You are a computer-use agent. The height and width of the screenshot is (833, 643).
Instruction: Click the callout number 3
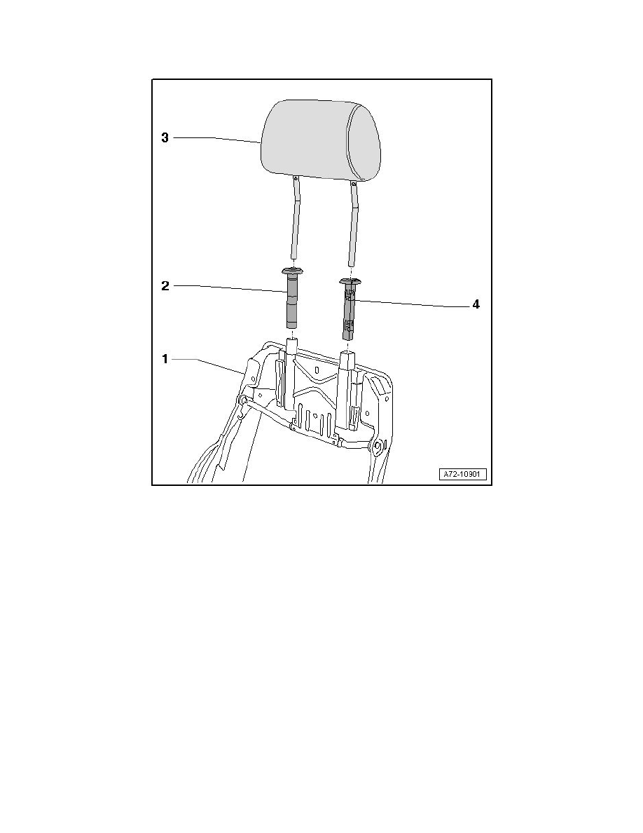165,138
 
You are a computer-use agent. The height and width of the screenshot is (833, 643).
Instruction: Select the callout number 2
165,286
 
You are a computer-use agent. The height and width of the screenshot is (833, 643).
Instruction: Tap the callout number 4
476,306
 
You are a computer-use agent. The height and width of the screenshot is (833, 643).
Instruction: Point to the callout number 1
165,360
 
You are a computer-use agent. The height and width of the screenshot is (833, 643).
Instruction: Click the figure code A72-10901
463,475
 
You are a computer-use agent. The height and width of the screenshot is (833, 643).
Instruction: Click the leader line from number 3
217,139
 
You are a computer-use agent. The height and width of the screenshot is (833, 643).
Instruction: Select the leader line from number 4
413,304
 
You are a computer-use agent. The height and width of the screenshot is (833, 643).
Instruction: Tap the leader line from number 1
210,362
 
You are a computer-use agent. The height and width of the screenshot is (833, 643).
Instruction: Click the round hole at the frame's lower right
378,445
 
